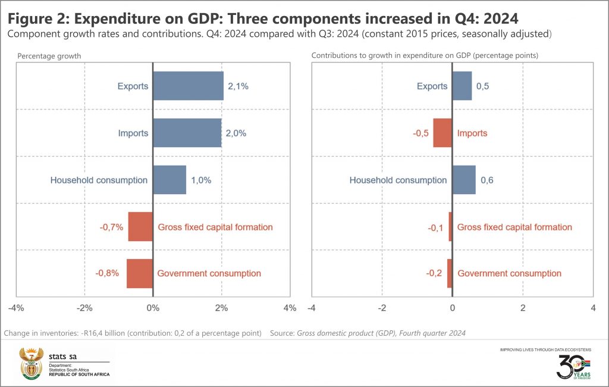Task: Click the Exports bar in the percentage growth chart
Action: coord(188,86)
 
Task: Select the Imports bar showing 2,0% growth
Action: coord(187,133)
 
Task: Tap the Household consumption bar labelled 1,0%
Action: coord(169,180)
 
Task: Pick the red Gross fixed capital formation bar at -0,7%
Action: coord(140,227)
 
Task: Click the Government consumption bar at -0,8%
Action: coord(139,273)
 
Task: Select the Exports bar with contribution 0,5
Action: coord(462,86)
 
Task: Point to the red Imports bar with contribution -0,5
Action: coord(442,133)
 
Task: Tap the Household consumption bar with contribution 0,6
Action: coord(463,180)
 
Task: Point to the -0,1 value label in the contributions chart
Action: coord(436,227)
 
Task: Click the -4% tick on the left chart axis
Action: coord(16,308)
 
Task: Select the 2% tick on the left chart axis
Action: coord(221,308)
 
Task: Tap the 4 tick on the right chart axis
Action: coord(592,308)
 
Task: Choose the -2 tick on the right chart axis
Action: coord(382,308)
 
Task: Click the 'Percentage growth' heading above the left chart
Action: coord(49,56)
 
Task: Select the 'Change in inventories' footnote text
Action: coord(133,333)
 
